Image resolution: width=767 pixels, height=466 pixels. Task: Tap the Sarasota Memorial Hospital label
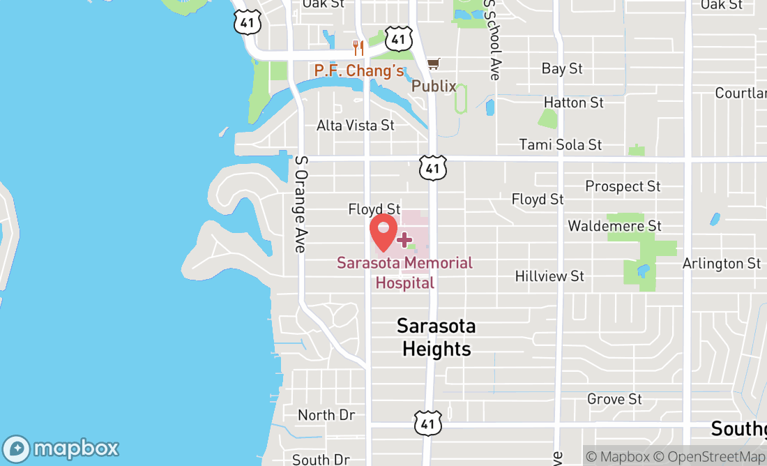(x=404, y=273)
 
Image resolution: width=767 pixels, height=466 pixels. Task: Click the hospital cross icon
(x=404, y=240)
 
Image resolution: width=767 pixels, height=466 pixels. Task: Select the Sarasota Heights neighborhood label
(x=436, y=337)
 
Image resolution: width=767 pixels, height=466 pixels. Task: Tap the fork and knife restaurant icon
(x=359, y=48)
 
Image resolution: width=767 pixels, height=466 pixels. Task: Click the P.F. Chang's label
(x=359, y=70)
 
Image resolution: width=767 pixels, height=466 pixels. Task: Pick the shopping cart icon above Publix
(x=433, y=64)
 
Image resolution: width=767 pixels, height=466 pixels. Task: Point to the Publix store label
(x=434, y=87)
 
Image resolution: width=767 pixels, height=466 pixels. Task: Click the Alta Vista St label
(x=356, y=126)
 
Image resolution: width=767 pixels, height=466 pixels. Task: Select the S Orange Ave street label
(x=301, y=203)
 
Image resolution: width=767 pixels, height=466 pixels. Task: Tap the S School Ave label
(x=493, y=40)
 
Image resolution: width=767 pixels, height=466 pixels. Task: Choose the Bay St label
(x=562, y=68)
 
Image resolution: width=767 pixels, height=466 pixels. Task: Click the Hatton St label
(x=574, y=103)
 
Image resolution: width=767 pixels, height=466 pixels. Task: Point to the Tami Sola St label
(x=561, y=145)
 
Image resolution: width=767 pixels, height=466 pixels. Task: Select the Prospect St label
(x=623, y=186)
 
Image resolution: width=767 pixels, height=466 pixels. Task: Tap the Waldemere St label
(x=614, y=226)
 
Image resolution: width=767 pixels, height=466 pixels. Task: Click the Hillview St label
(x=549, y=276)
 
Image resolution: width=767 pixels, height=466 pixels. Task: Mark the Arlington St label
(x=722, y=264)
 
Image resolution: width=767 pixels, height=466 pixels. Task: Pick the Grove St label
(x=614, y=399)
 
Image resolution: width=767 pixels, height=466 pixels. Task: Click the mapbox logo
(x=61, y=448)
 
